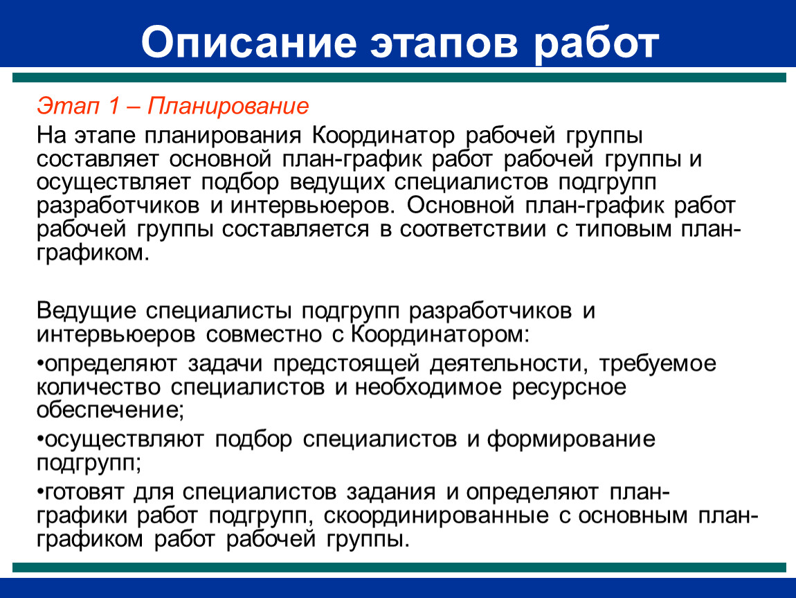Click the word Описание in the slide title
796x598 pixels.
pyautogui.click(x=248, y=42)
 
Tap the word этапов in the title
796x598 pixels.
pyautogui.click(x=444, y=43)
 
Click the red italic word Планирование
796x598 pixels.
pyautogui.click(x=228, y=107)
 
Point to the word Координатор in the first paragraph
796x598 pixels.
pyautogui.click(x=383, y=136)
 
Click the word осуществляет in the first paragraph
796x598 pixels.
pyautogui.click(x=114, y=182)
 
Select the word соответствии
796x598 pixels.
pyautogui.click(x=473, y=230)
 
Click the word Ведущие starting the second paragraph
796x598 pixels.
pyautogui.click(x=87, y=311)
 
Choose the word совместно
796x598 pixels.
pyautogui.click(x=263, y=334)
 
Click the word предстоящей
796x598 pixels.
pyautogui.click(x=346, y=364)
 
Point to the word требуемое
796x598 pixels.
pyautogui.click(x=658, y=364)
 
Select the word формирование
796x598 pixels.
pyautogui.click(x=571, y=439)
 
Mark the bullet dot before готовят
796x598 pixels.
pyautogui.click(x=40, y=492)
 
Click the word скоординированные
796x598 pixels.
pyautogui.click(x=436, y=516)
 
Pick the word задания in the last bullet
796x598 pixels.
pyautogui.click(x=391, y=492)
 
